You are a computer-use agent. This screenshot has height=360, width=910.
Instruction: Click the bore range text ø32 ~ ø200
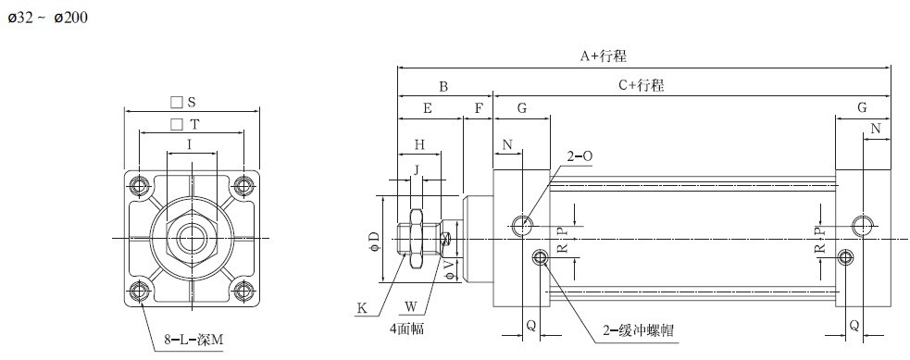click(47, 18)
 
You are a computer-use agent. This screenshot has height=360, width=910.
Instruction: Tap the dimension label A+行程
click(604, 56)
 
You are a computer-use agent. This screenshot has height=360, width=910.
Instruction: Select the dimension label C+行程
click(641, 86)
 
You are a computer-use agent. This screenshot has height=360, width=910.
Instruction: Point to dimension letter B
click(443, 87)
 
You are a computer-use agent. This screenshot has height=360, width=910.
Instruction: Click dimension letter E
click(428, 108)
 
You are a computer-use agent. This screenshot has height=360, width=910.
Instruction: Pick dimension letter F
click(479, 108)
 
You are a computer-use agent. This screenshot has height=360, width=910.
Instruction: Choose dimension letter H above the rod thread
click(419, 145)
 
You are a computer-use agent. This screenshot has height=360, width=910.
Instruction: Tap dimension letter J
click(416, 169)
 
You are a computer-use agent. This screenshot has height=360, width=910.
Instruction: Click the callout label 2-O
click(580, 156)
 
